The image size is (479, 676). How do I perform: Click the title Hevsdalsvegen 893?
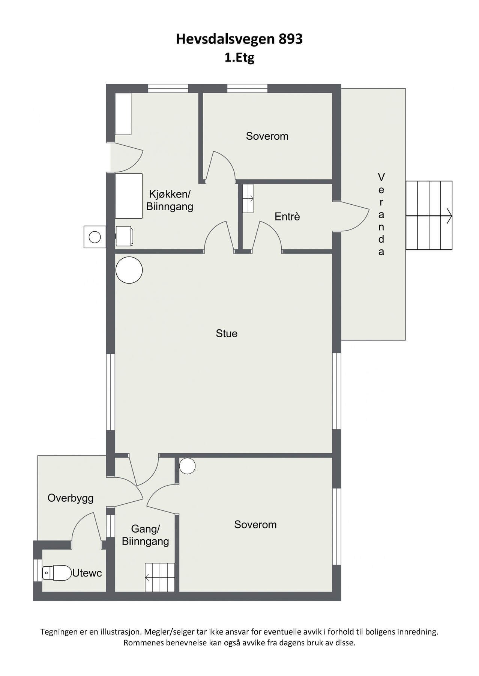(239, 39)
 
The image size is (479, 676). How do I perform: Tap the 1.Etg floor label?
(239, 58)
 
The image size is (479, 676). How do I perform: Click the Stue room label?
(227, 333)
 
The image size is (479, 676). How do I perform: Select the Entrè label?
(287, 217)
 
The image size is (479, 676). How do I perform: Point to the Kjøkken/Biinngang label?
(170, 200)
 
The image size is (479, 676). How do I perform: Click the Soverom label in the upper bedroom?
(267, 136)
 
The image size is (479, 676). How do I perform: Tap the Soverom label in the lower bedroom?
(255, 525)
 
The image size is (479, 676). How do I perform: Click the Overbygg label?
(71, 498)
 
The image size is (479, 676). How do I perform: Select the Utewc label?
(87, 573)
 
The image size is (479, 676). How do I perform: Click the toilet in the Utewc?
(57, 573)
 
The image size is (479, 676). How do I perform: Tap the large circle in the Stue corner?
(129, 270)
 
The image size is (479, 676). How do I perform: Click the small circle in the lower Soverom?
(187, 466)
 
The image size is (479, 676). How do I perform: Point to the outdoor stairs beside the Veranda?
(429, 216)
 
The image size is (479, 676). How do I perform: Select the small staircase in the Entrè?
(248, 198)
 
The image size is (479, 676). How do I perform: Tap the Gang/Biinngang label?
(145, 535)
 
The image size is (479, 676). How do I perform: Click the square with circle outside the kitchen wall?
(95, 237)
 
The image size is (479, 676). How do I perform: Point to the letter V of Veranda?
(381, 177)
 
